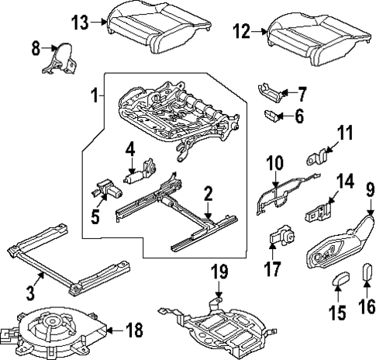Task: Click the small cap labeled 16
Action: pyautogui.click(x=367, y=276)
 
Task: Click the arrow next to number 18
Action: pyautogui.click(x=112, y=330)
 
